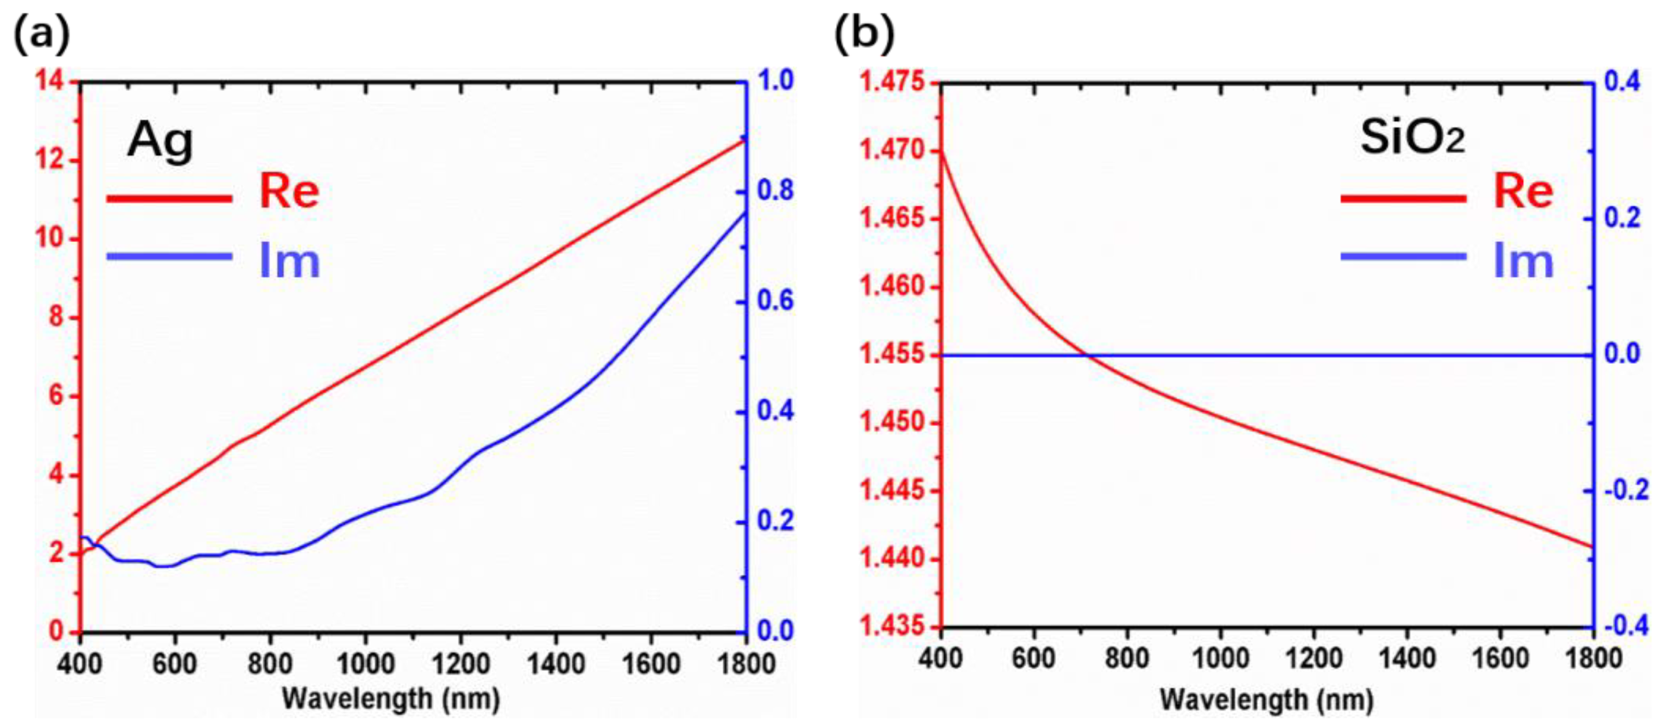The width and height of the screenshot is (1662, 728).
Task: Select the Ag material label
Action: pos(160,140)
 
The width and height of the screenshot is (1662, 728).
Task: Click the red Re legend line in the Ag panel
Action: pos(169,198)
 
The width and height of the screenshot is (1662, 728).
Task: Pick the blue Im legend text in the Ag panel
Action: pos(289,261)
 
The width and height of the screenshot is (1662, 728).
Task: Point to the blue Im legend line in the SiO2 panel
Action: pos(1403,256)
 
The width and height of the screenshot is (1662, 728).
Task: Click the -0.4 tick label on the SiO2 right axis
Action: pos(1626,626)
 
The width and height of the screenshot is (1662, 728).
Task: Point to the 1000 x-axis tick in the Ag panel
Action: pos(365,664)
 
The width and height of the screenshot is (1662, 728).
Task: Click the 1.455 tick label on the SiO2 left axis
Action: pos(891,355)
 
